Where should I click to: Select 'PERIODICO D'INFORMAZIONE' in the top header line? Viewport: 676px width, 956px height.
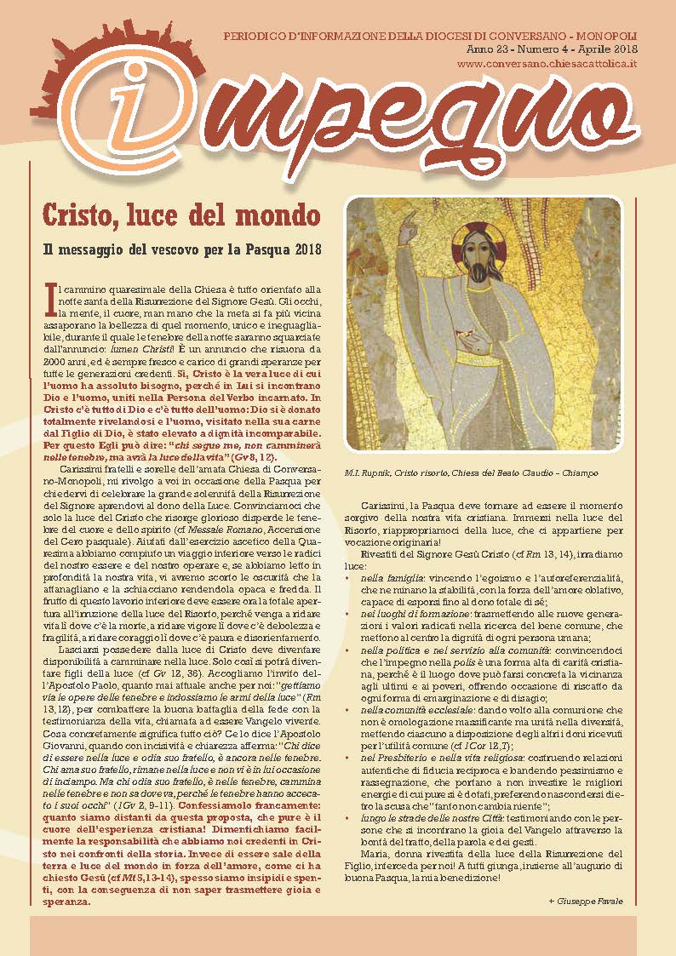(x=292, y=39)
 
